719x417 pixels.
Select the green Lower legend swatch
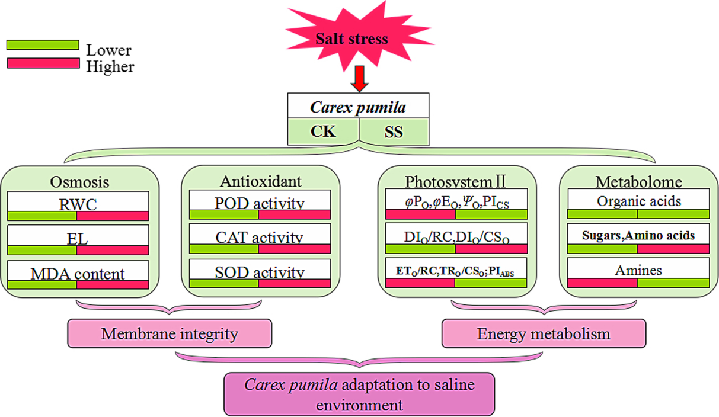click(43, 45)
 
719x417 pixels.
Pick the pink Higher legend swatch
click(43, 63)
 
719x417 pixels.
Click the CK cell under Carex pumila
click(324, 131)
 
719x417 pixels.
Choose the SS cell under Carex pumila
click(394, 131)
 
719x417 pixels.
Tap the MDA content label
click(78, 273)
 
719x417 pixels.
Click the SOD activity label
click(260, 272)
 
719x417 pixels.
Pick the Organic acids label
click(638, 200)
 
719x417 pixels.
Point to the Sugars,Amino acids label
click(638, 235)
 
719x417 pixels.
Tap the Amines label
click(638, 270)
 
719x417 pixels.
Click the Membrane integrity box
click(170, 333)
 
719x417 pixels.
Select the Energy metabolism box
click(544, 333)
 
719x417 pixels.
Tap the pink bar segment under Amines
click(603, 283)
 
